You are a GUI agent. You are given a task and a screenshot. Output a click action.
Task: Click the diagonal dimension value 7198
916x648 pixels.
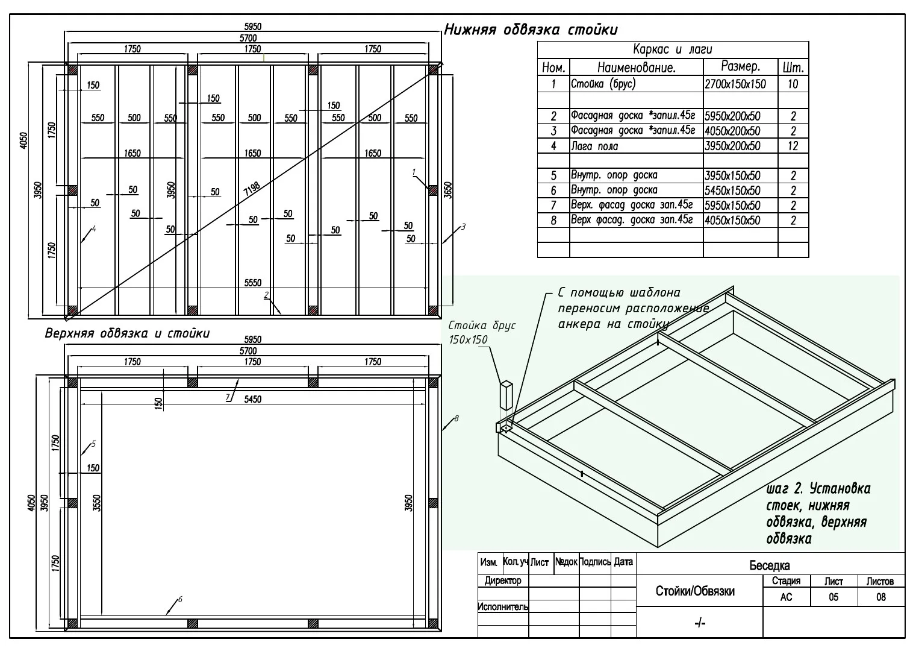coord(252,188)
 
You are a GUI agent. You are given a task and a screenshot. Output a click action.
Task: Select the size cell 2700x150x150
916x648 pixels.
coord(735,84)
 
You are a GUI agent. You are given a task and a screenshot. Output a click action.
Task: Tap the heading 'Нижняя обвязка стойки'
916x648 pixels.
coord(531,30)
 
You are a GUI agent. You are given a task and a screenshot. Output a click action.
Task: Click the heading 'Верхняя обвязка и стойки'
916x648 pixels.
coord(127,333)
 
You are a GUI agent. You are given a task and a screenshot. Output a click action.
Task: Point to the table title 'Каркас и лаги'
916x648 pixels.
coord(673,49)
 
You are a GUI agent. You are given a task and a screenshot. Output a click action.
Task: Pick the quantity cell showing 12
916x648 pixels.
coord(793,146)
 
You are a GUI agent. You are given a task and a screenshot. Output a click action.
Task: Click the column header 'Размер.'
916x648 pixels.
coord(740,66)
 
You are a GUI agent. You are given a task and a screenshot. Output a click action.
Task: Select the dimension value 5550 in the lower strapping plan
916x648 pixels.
coord(253,283)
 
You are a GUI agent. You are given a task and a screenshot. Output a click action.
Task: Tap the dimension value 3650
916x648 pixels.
coord(448,190)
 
